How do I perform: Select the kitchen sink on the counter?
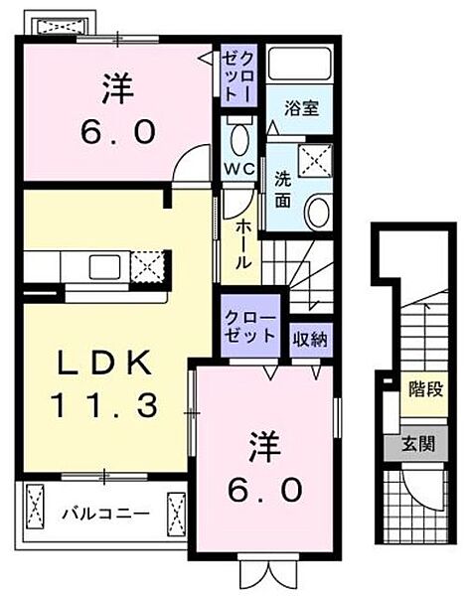[x=104, y=267]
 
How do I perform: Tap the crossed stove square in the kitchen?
[x=145, y=267]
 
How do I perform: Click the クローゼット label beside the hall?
[x=254, y=327]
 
